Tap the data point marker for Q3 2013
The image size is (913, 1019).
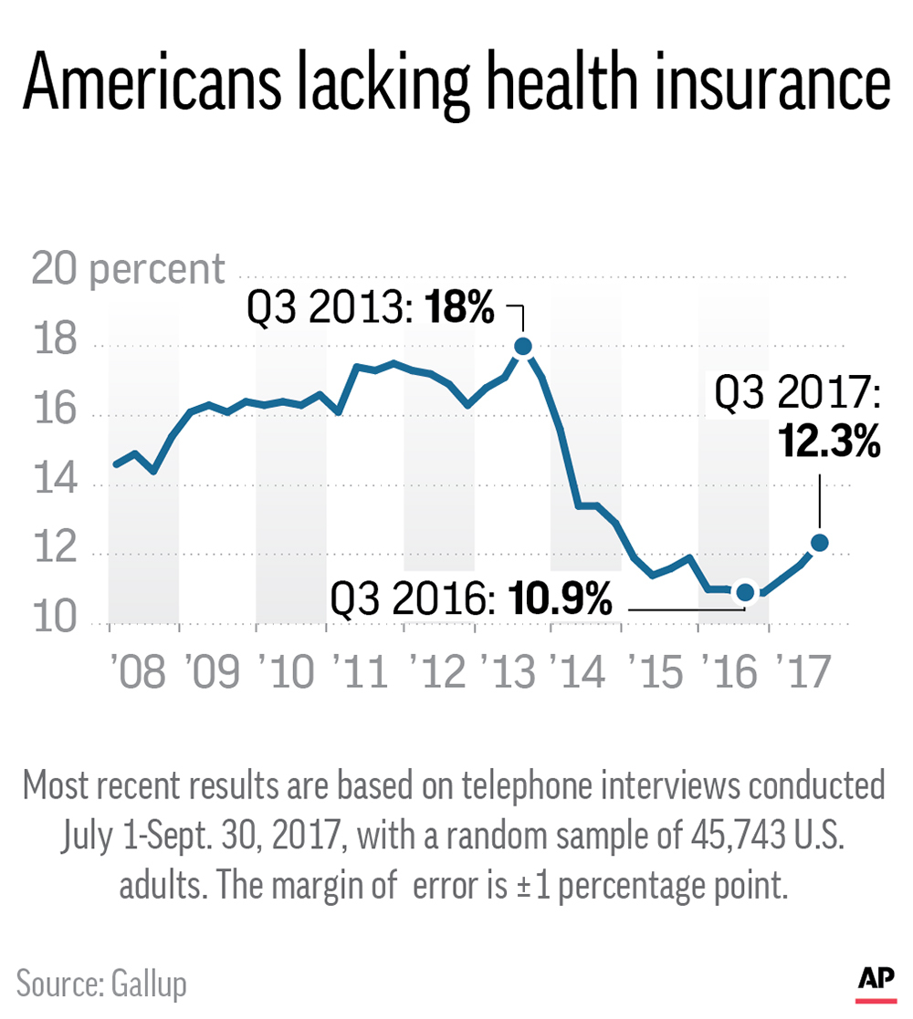click(x=523, y=346)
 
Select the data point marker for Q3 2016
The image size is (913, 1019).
click(x=745, y=592)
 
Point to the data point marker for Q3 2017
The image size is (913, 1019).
click(x=819, y=543)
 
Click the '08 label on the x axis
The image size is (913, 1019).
click(x=139, y=672)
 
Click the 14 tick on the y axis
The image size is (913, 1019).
click(x=53, y=485)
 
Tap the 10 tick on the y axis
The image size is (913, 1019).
click(x=53, y=624)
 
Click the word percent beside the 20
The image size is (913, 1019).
click(x=157, y=269)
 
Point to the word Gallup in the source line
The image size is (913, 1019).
click(x=149, y=984)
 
